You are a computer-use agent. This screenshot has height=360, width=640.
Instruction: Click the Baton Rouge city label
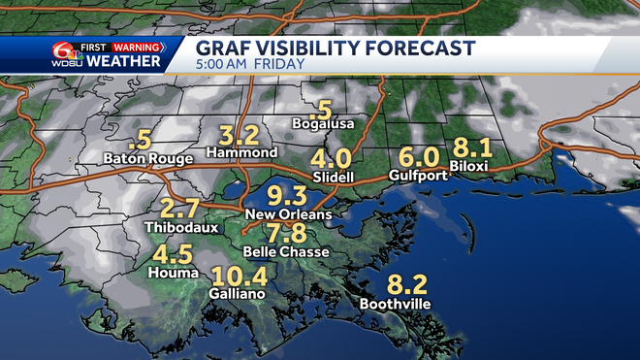(x=144, y=156)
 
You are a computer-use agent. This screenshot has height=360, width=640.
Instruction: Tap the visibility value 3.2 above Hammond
(x=239, y=135)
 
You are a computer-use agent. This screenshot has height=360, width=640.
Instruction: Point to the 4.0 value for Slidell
(x=332, y=158)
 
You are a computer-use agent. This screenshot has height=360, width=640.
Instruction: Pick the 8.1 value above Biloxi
(x=473, y=148)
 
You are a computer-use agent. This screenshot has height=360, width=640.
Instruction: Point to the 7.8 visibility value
(x=287, y=233)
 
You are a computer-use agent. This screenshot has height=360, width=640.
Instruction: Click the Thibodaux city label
(x=179, y=227)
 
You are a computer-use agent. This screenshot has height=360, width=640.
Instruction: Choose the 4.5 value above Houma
(x=173, y=254)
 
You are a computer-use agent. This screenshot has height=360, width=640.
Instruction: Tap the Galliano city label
(x=237, y=292)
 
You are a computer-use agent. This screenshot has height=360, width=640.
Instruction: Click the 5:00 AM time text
(x=223, y=65)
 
